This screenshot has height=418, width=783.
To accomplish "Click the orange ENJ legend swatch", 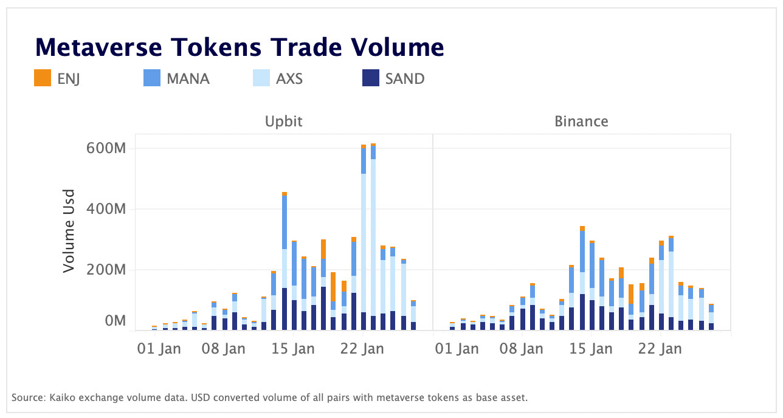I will (43, 78).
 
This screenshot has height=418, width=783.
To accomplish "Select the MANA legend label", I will (188, 78).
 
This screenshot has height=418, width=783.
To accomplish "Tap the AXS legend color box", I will (261, 78).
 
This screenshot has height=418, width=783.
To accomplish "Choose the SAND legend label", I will (404, 78).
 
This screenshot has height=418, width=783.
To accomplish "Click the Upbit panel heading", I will (283, 122).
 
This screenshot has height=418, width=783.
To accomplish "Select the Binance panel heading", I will (581, 122).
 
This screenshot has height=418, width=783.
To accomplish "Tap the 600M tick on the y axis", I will (107, 148).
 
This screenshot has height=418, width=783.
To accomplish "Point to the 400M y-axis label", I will (107, 209).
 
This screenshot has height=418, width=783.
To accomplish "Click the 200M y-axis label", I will (107, 269).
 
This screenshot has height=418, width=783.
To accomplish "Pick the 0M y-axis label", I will (114, 320).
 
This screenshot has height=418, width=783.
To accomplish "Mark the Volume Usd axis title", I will (70, 231).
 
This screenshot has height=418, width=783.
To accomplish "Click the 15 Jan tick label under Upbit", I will (294, 349).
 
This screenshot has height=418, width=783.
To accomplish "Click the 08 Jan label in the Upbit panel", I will (224, 349).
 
